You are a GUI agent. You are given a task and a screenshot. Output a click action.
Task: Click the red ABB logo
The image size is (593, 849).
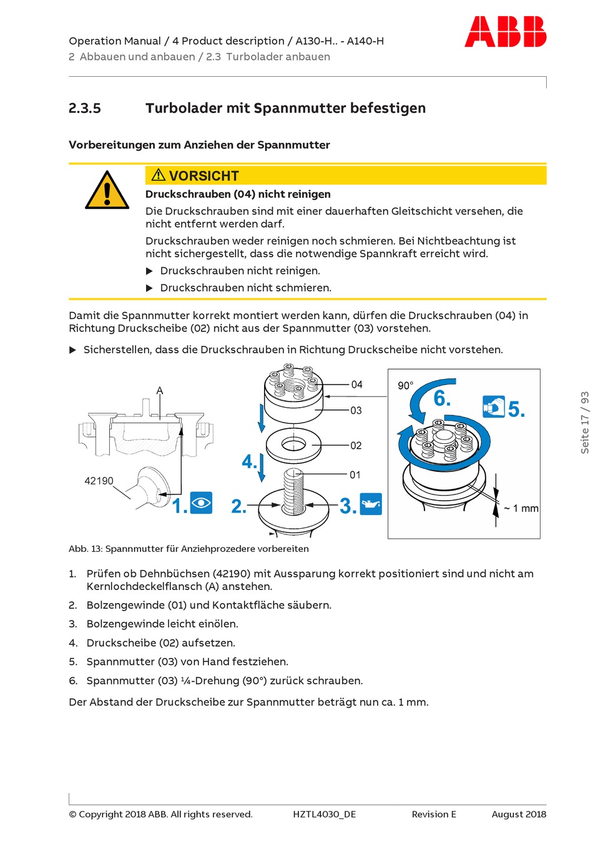(x=505, y=32)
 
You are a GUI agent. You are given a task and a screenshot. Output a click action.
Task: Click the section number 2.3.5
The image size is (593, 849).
(x=85, y=108)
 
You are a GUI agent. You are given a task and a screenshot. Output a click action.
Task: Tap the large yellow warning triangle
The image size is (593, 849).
(x=107, y=191)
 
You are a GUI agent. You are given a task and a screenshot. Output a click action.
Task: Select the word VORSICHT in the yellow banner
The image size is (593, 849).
(x=203, y=176)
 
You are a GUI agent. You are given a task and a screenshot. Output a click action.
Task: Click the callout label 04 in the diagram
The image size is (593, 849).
(x=356, y=385)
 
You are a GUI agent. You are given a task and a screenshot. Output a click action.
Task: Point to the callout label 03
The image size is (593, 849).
(x=356, y=410)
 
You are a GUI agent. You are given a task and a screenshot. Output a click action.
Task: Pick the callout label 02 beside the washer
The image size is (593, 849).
(x=356, y=445)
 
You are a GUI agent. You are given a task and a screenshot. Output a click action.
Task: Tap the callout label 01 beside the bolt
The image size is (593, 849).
(x=355, y=475)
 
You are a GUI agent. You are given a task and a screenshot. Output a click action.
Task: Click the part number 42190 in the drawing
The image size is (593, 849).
(x=99, y=481)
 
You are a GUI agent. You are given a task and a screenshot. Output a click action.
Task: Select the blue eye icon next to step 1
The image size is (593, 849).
(x=201, y=503)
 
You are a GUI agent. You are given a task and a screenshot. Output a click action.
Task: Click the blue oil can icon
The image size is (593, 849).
(x=371, y=504)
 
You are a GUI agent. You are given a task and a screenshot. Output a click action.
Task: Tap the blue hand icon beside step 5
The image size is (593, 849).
(x=493, y=406)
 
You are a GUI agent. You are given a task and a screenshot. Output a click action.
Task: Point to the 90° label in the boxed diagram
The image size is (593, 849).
(x=406, y=386)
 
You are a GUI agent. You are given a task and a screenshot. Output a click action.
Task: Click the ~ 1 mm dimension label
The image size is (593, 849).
(x=521, y=508)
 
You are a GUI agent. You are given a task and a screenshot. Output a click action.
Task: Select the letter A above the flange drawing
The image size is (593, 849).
(x=160, y=391)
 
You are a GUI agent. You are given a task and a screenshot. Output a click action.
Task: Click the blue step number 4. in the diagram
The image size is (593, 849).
(x=249, y=462)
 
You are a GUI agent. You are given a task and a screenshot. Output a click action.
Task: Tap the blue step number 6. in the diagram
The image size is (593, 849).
(x=442, y=398)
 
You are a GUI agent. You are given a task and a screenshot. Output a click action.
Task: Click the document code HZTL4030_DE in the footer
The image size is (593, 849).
(x=324, y=814)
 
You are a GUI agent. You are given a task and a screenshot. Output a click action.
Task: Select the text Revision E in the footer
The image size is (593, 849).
(x=434, y=814)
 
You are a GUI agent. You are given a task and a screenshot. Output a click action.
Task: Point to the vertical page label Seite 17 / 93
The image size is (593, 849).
(x=585, y=423)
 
